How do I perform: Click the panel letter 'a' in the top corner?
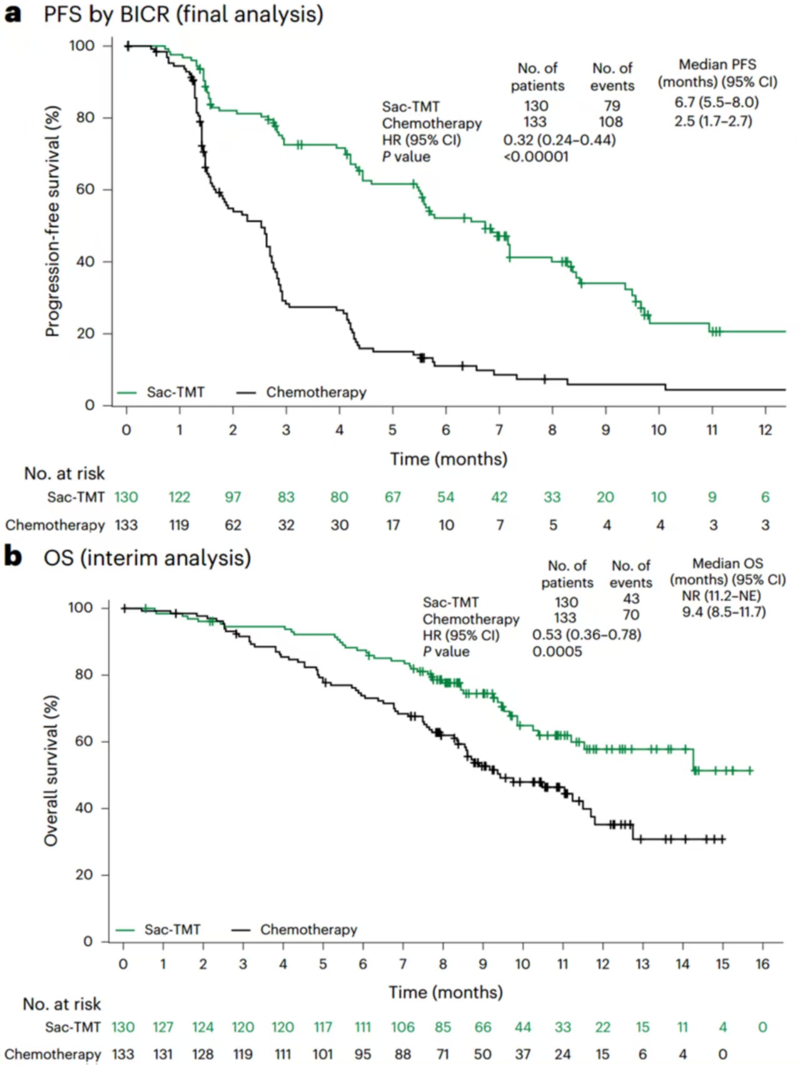pos(13,14)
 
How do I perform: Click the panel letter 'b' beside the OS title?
pos(13,556)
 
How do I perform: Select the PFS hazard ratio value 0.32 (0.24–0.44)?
pos(559,140)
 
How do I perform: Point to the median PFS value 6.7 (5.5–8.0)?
pos(716,102)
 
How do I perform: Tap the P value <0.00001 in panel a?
pos(536,156)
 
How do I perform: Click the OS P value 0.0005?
pos(557,651)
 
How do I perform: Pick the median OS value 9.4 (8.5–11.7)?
pos(724,611)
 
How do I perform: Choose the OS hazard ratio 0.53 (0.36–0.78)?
pos(586,634)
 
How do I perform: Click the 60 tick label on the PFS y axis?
pos(85,189)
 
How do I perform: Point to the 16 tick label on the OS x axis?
pos(762,964)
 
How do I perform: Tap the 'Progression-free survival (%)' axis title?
pos(53,222)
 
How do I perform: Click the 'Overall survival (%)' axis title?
pos(51,771)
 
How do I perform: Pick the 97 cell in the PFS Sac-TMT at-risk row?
pos(233,497)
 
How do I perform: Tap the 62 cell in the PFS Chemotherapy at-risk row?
pos(233,525)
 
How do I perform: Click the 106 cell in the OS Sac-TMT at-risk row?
pos(403,1027)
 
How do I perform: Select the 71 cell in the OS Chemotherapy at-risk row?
pos(443,1054)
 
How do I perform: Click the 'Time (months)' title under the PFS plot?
pos(448,459)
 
